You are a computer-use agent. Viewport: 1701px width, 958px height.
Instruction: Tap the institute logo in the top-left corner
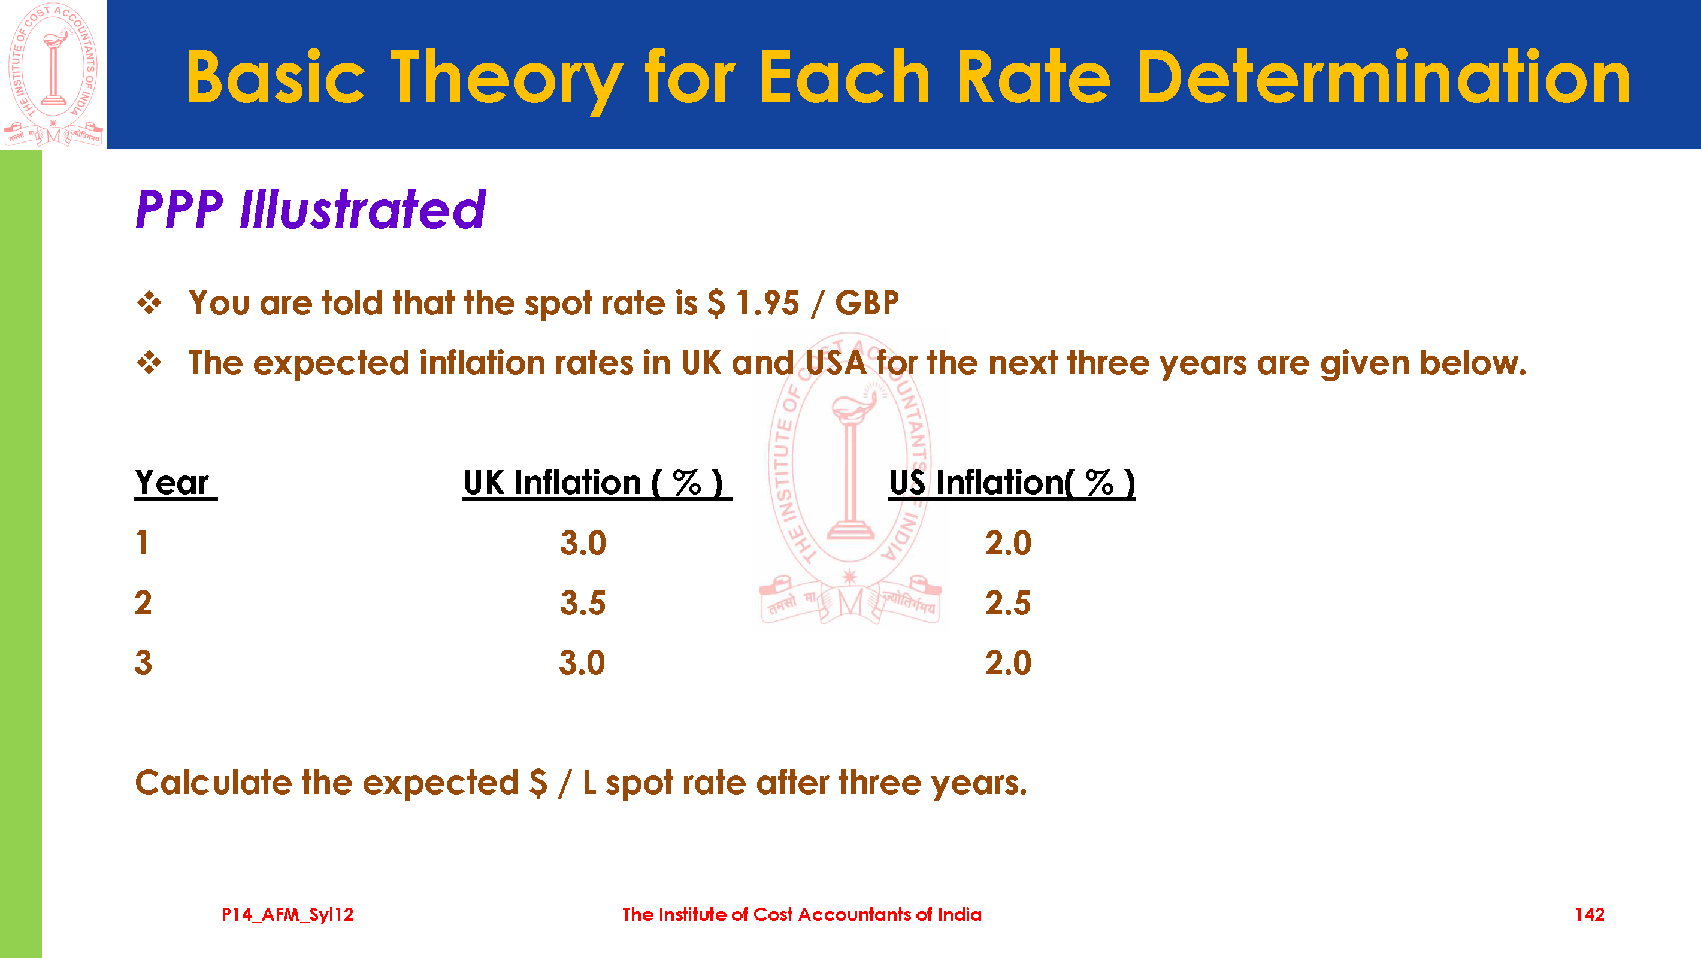[53, 74]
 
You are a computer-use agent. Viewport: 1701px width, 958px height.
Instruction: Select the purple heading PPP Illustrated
[310, 210]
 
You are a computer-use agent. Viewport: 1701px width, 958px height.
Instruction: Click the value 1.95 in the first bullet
[767, 303]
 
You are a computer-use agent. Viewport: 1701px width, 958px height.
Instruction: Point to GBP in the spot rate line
[867, 303]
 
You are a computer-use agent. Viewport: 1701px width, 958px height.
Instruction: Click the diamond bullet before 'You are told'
[149, 303]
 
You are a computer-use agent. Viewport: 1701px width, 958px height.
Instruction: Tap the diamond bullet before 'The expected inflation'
[149, 362]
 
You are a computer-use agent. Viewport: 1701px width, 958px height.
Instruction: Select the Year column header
[173, 483]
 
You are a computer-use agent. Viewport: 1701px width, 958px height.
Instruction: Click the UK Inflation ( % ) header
[597, 483]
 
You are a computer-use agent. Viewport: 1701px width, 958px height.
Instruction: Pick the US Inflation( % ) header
[1012, 483]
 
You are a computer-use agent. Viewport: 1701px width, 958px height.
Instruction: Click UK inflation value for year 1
[583, 542]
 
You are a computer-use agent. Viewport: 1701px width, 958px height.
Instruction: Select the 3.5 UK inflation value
[583, 603]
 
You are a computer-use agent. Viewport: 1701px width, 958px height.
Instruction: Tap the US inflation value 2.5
[1007, 603]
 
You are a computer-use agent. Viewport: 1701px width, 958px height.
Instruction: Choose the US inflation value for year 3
[1007, 663]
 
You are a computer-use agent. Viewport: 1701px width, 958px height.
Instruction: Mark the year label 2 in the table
[143, 603]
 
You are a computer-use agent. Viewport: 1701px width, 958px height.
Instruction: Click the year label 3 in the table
[143, 663]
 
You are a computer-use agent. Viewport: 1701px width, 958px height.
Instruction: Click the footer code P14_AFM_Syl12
[287, 914]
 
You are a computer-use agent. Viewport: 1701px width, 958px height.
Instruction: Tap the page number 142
[1590, 914]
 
